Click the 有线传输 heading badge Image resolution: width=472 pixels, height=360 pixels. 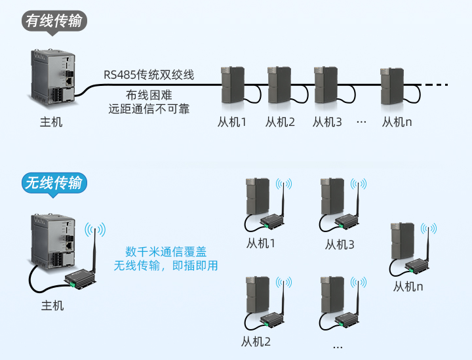[54, 21]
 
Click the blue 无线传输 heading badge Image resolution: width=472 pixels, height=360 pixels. [54, 183]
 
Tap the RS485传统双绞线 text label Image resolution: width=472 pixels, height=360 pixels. [149, 74]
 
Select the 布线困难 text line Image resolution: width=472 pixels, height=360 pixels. [149, 94]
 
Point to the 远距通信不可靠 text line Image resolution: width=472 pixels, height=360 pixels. [149, 109]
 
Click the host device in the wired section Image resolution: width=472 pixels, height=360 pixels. [54, 77]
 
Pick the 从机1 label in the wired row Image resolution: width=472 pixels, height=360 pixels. [232, 122]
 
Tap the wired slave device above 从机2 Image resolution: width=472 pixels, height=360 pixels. [279, 85]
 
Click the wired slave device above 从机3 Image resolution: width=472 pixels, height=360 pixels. [326, 85]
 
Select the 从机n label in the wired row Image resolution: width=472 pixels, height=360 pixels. [397, 122]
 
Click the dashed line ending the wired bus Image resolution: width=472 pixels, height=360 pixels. [437, 85]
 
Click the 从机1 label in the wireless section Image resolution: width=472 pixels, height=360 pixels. [260, 244]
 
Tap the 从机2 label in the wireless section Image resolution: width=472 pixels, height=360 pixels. [256, 341]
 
